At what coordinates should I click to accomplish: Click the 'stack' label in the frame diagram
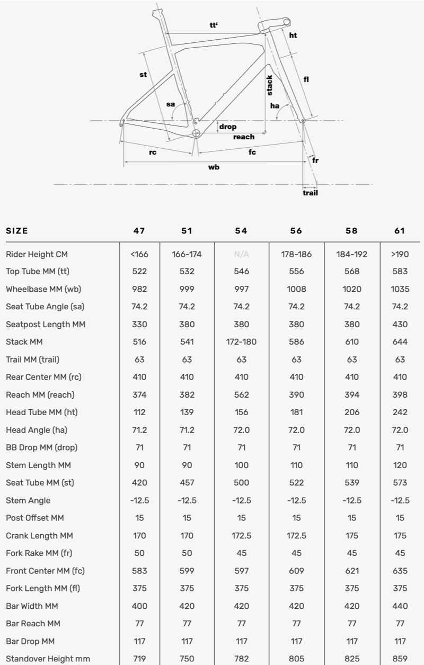click(x=269, y=85)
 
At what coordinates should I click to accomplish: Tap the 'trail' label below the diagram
click(x=310, y=193)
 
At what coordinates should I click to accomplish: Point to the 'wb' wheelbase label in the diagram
click(x=214, y=167)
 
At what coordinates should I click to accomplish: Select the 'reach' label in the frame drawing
click(x=244, y=137)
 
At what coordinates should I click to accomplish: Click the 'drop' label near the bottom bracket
click(x=228, y=127)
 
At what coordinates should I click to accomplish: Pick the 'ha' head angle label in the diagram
click(x=275, y=106)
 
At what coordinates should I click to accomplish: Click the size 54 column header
click(x=242, y=231)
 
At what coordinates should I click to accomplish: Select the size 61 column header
click(x=400, y=231)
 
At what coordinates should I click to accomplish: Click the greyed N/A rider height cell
click(x=242, y=254)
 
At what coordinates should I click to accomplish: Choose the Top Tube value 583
click(x=400, y=272)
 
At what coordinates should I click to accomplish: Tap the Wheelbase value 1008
click(x=296, y=289)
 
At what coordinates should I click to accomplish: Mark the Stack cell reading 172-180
click(x=242, y=342)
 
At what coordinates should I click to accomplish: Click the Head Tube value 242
click(x=400, y=412)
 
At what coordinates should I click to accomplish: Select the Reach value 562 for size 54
click(x=242, y=395)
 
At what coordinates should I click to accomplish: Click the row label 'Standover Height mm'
click(x=48, y=659)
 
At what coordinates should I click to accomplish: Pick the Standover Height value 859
click(x=400, y=659)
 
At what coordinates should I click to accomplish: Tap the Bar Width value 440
click(x=400, y=606)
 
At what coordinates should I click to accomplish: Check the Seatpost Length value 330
click(x=139, y=325)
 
